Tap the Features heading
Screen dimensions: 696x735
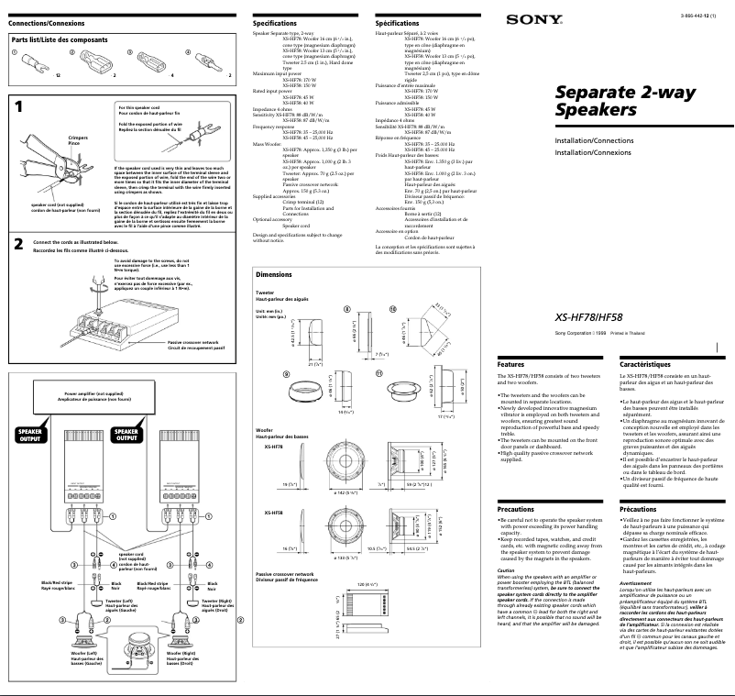click(x=510, y=364)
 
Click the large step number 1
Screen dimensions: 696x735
click(x=19, y=108)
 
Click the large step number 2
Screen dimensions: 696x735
click(x=19, y=244)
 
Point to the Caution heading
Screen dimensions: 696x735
click(x=506, y=571)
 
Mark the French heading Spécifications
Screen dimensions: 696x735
click(x=397, y=22)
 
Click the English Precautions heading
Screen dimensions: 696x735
click(x=515, y=508)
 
